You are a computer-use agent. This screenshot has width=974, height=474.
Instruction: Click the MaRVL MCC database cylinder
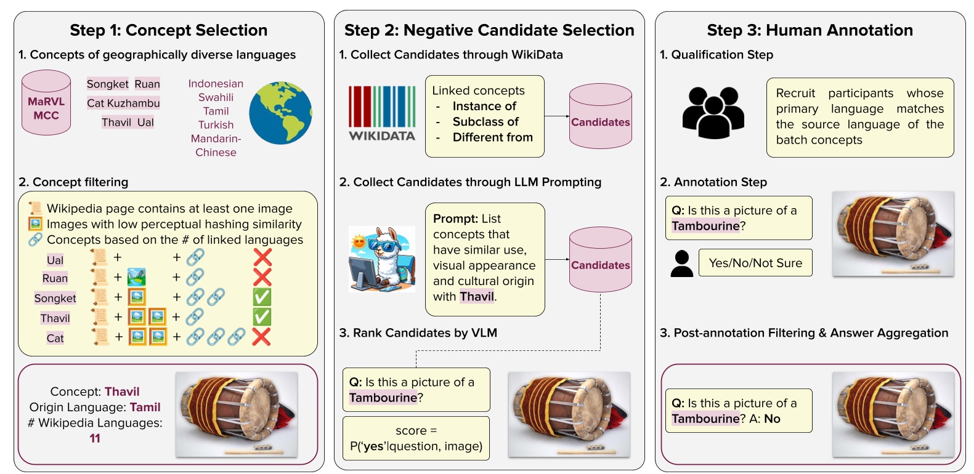(46, 103)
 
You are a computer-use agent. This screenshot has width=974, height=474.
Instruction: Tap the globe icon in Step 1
(280, 113)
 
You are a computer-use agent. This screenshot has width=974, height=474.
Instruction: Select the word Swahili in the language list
(216, 97)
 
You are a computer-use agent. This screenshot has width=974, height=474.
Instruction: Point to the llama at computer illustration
(382, 259)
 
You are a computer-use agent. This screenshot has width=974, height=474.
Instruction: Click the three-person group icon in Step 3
(713, 113)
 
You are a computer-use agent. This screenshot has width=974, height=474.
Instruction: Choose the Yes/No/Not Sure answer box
(755, 262)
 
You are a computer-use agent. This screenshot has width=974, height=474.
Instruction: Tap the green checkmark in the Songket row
(262, 297)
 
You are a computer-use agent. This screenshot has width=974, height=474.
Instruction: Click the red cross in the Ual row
(262, 258)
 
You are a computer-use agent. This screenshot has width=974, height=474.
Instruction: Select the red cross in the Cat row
(261, 337)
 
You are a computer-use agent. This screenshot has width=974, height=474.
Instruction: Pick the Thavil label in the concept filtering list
(55, 318)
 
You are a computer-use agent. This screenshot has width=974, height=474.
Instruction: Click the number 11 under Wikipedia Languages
(95, 438)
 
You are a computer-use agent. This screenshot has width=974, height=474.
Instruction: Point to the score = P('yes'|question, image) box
(416, 438)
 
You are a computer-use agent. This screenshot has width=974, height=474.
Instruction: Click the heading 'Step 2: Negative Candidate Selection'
(489, 30)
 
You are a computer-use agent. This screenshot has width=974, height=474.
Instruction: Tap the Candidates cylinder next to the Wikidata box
(601, 116)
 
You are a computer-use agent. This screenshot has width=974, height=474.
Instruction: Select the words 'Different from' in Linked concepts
(493, 137)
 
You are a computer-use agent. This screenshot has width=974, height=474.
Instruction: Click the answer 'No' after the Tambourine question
(772, 419)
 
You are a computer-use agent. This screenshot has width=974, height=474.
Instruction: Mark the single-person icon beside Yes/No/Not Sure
(681, 263)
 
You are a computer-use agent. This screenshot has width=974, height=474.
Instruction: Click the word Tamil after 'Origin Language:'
(145, 407)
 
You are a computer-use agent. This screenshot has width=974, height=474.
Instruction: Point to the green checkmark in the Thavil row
(262, 317)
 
